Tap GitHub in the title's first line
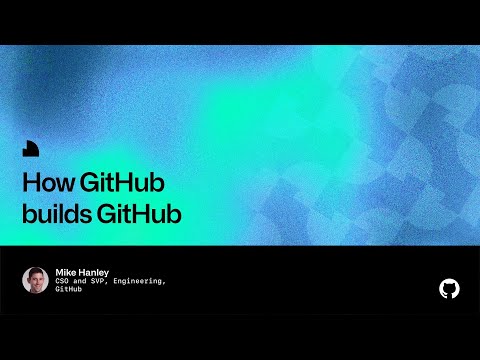pos(122,186)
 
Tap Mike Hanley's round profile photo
pos(35,280)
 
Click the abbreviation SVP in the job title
pos(102,282)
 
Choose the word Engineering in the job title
pos(139,282)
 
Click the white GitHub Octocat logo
pos(450,289)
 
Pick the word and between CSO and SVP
pos(84,282)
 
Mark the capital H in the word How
pos(29,186)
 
